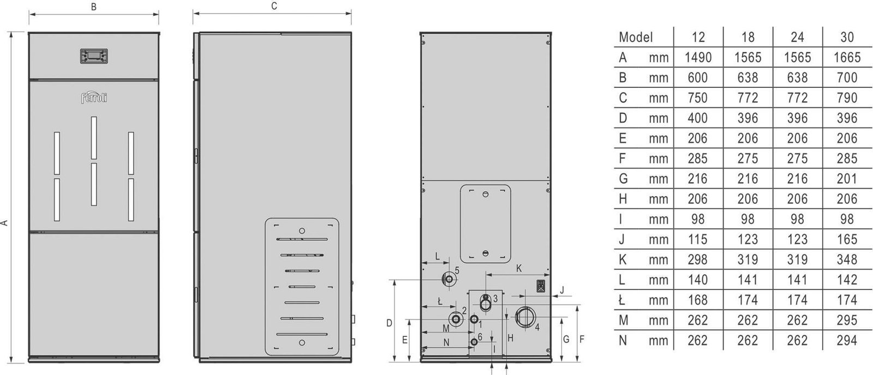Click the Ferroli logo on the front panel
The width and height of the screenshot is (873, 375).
click(x=94, y=98)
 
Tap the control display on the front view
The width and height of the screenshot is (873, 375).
click(x=94, y=56)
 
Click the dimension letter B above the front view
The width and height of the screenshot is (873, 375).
click(x=93, y=7)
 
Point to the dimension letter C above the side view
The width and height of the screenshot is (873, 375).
click(x=274, y=6)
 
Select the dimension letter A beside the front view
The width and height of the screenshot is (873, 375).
click(x=4, y=223)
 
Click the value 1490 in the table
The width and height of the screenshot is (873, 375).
click(x=698, y=58)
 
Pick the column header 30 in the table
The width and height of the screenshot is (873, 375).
click(x=847, y=38)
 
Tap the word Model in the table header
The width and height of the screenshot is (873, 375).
click(x=636, y=38)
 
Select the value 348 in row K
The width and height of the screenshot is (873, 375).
click(x=847, y=260)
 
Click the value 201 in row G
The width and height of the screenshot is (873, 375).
click(x=847, y=179)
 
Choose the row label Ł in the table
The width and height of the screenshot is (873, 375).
click(x=622, y=300)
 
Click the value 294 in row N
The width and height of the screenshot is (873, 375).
click(x=847, y=341)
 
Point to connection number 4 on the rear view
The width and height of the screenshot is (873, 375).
click(x=537, y=327)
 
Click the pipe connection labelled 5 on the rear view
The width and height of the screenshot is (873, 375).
click(x=449, y=279)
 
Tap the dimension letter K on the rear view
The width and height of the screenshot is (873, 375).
click(x=519, y=268)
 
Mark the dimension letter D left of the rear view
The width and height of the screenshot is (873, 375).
click(x=389, y=323)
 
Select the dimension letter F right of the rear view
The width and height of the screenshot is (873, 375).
click(x=582, y=339)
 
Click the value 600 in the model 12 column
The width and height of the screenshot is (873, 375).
click(x=698, y=78)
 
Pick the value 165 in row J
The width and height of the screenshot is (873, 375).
click(x=847, y=239)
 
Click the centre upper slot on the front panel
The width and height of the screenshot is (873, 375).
click(x=94, y=138)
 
